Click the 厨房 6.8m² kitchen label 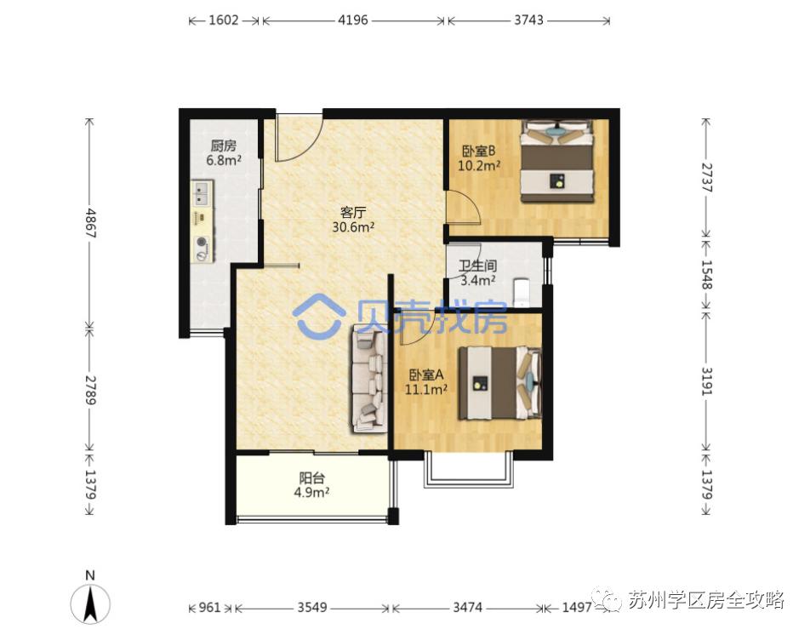[x=224, y=153]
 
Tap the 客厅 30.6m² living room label [x=353, y=220]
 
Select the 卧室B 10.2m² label [x=479, y=158]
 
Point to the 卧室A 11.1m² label [x=426, y=382]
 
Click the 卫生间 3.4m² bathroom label [x=478, y=272]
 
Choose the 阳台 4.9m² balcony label [x=311, y=485]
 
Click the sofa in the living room [x=369, y=379]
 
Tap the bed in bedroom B [x=557, y=161]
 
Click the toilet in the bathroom [x=522, y=293]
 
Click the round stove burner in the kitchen [x=202, y=241]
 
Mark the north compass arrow [x=90, y=605]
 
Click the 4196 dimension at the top [x=353, y=20]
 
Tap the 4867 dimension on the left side [x=90, y=223]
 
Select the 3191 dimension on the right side [x=706, y=381]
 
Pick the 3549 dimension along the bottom [x=311, y=608]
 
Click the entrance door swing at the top [x=299, y=136]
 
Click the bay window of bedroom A [x=469, y=470]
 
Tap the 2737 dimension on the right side [x=706, y=178]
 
